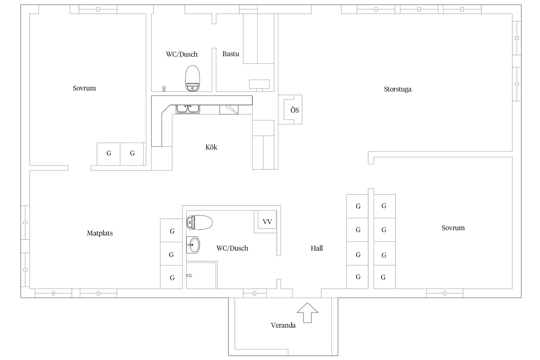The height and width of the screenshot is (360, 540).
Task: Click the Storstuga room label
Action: (398, 89)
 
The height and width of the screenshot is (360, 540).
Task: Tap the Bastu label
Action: (231, 54)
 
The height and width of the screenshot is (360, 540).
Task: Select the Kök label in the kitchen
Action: (211, 147)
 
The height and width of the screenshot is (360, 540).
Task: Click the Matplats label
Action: (100, 233)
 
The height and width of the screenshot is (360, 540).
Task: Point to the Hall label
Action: (317, 248)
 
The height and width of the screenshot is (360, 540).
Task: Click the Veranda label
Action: (283, 325)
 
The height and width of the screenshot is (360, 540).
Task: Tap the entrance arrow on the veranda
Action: (307, 313)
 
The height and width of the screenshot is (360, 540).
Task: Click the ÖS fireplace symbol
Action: (294, 110)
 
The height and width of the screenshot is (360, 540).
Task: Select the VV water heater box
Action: (267, 222)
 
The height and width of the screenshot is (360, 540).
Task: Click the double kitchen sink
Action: (188, 109)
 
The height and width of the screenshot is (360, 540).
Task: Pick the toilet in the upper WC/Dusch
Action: (192, 79)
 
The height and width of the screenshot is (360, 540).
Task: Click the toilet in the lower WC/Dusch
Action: (199, 223)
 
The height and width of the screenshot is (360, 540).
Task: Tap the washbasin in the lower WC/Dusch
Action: (193, 245)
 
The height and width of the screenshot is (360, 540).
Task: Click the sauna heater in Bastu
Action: (259, 84)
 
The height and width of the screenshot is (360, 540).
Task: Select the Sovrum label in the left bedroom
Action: (84, 88)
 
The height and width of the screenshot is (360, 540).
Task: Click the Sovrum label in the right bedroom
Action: (453, 228)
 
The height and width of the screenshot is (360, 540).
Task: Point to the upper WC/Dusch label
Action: (182, 54)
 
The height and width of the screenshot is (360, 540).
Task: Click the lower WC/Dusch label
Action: (232, 248)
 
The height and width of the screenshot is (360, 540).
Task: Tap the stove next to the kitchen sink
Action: (229, 109)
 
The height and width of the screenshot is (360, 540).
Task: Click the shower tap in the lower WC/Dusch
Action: (189, 276)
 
